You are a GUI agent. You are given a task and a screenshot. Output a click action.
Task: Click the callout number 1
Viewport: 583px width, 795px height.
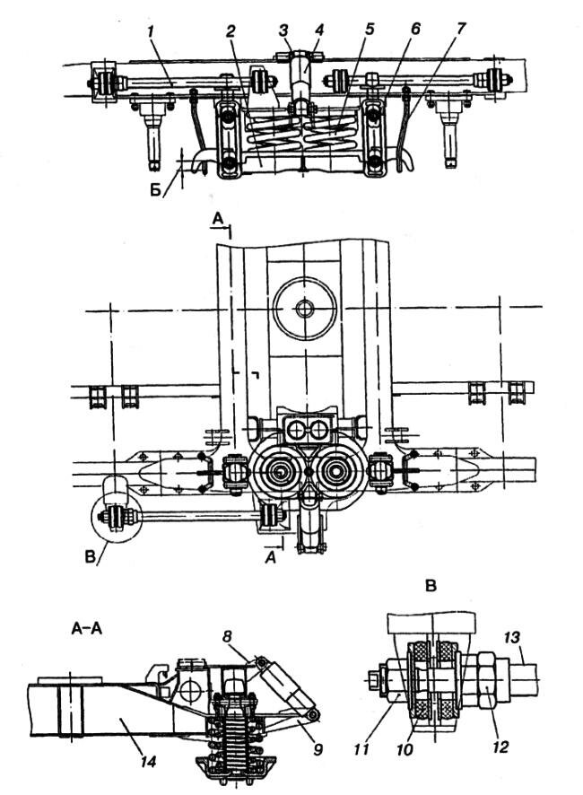153,32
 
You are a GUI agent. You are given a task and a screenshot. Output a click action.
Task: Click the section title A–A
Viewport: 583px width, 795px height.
87,630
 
